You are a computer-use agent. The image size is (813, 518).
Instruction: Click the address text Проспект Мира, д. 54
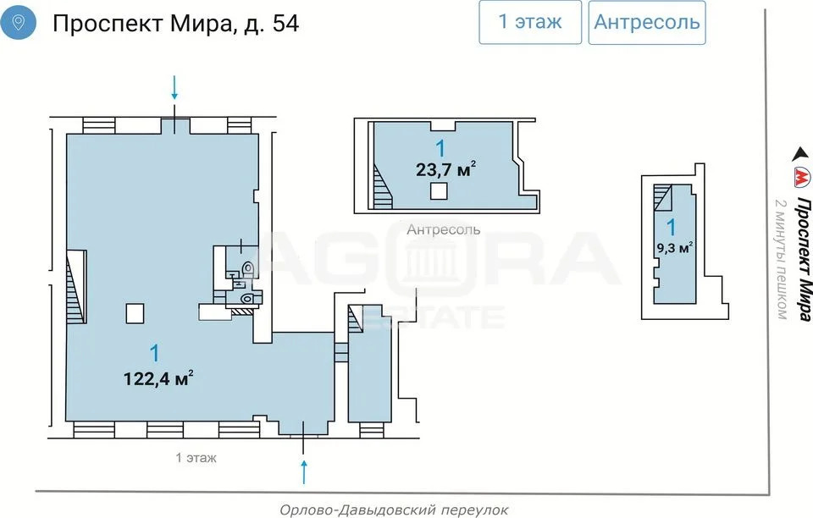click(x=175, y=23)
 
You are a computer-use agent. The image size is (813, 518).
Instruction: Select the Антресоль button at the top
click(x=647, y=22)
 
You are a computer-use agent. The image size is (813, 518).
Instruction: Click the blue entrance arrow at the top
click(x=175, y=86)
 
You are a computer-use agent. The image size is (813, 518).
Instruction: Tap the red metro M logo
click(x=800, y=179)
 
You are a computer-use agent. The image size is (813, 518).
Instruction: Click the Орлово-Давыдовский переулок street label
click(x=394, y=510)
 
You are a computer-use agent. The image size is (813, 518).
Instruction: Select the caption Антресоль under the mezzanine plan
click(x=443, y=229)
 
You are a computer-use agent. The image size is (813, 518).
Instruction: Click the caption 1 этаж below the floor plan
click(x=196, y=458)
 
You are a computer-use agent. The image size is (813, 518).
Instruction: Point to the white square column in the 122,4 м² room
click(x=135, y=313)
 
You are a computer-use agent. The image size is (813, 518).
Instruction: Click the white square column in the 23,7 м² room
click(x=438, y=191)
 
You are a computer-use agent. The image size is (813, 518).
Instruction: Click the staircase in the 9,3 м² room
click(x=661, y=200)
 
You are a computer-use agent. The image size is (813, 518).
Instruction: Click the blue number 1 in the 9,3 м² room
click(x=672, y=227)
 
